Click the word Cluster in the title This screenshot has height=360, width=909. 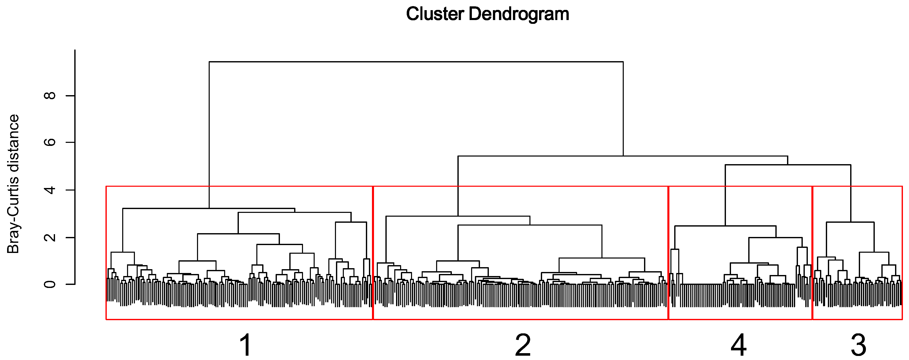coord(435,14)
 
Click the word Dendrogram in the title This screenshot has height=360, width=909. coord(519,14)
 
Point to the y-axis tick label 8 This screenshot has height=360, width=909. coord(50,96)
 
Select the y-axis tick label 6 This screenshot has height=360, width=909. coord(50,142)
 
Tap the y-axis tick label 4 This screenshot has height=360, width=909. coord(50,190)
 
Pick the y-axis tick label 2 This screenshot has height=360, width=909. coord(50,237)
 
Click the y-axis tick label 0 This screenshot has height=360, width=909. coord(50,284)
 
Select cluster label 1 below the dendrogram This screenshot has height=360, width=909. coord(246,345)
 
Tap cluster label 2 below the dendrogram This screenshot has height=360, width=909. coord(523,345)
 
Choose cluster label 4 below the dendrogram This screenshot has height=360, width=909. coord(738,345)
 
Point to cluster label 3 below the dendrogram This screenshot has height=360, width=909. coord(858,345)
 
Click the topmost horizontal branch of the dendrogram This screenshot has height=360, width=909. coord(416,62)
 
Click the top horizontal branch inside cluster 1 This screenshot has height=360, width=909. coord(208,209)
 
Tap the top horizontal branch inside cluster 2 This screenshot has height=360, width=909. coord(458,216)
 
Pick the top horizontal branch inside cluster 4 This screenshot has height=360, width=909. coord(725,226)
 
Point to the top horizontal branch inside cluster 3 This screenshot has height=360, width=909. coord(850,222)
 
